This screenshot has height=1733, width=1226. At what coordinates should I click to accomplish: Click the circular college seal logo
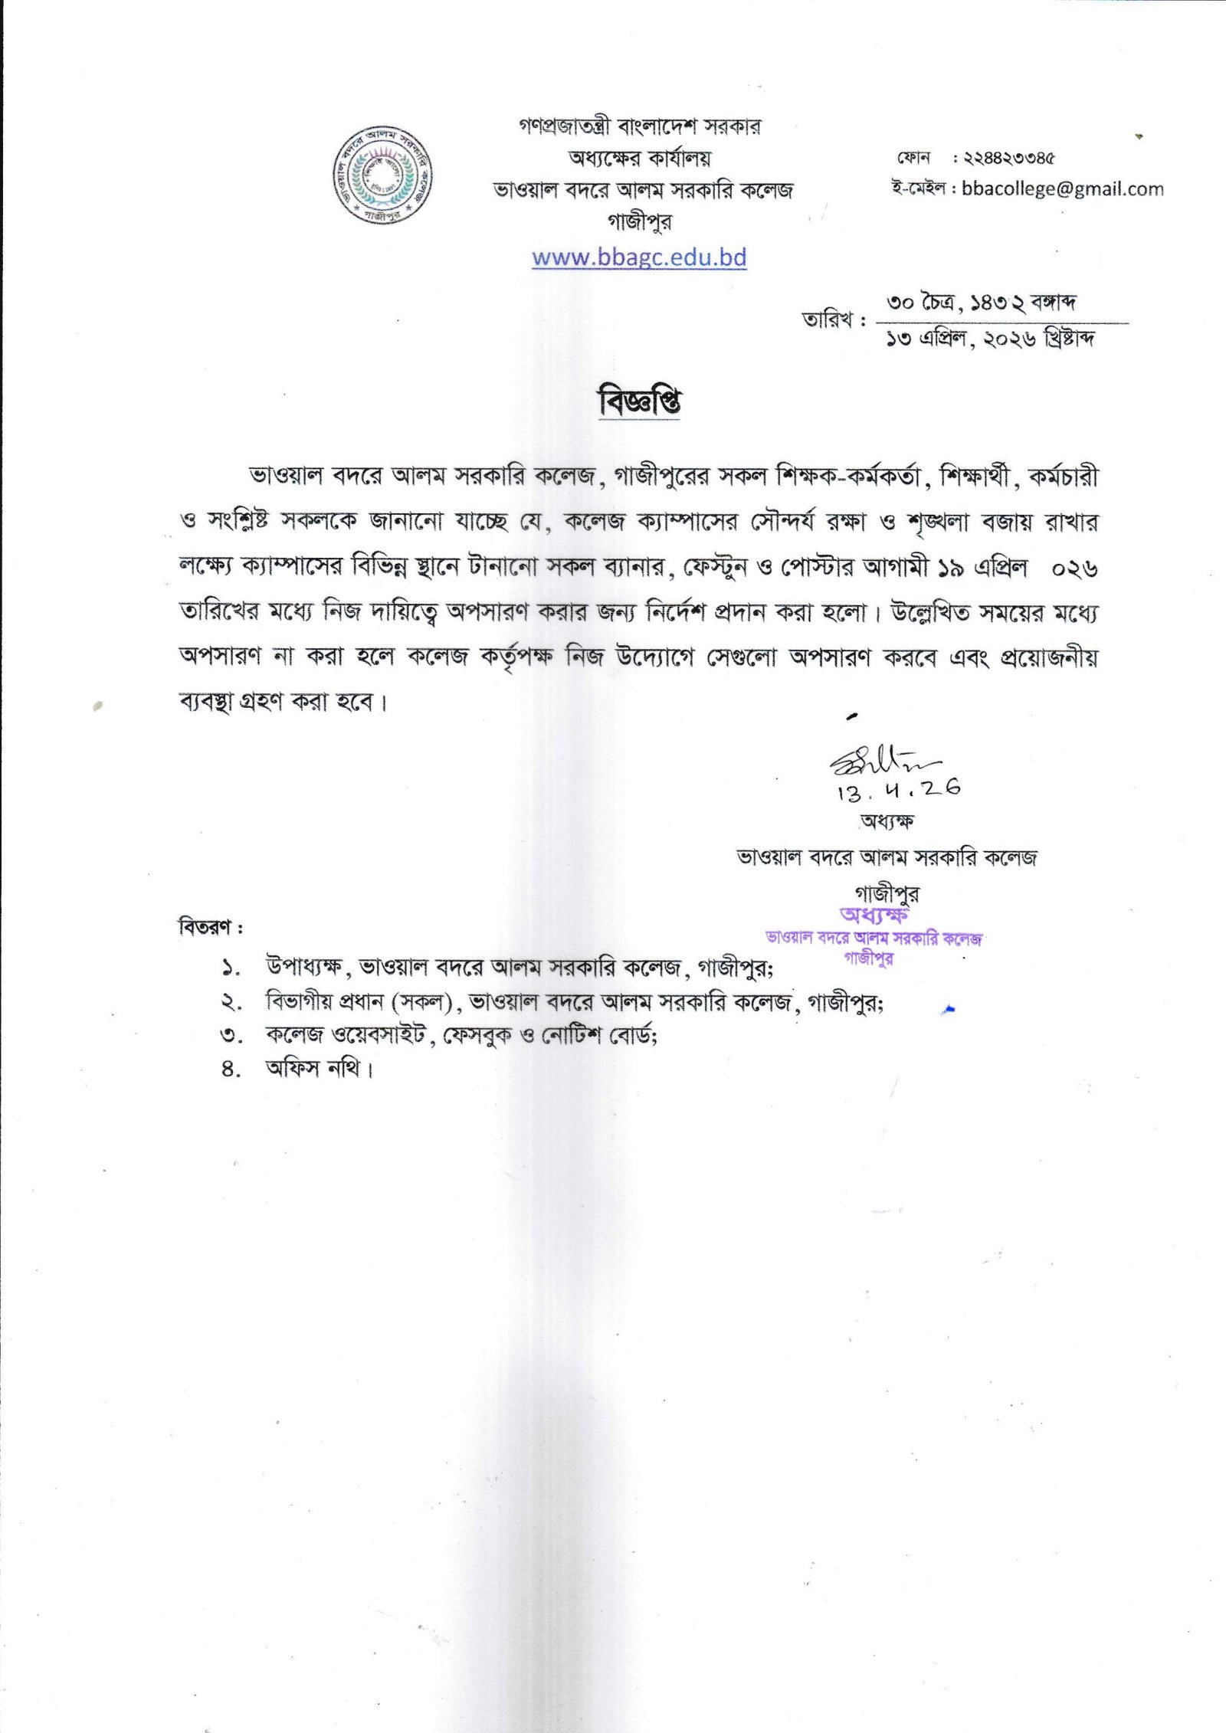tap(382, 175)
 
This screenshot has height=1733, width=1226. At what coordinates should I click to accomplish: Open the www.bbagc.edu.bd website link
tap(639, 257)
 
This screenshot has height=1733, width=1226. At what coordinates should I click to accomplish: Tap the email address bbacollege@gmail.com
tap(1062, 188)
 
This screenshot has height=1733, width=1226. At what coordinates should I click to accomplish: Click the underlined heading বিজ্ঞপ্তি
tap(639, 401)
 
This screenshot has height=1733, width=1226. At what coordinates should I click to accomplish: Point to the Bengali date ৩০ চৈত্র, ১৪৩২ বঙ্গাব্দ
tap(981, 303)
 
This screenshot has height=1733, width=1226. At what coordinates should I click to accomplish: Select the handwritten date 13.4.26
tap(899, 789)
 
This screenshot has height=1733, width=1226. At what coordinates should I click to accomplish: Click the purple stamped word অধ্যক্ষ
tap(874, 915)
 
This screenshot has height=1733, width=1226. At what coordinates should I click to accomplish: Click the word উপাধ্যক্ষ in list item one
tap(303, 967)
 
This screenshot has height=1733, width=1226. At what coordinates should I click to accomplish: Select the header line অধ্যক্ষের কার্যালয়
tap(639, 159)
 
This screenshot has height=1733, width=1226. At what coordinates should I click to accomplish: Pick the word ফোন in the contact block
tap(913, 158)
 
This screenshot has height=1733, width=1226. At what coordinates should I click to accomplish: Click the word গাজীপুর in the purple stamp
tap(868, 958)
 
